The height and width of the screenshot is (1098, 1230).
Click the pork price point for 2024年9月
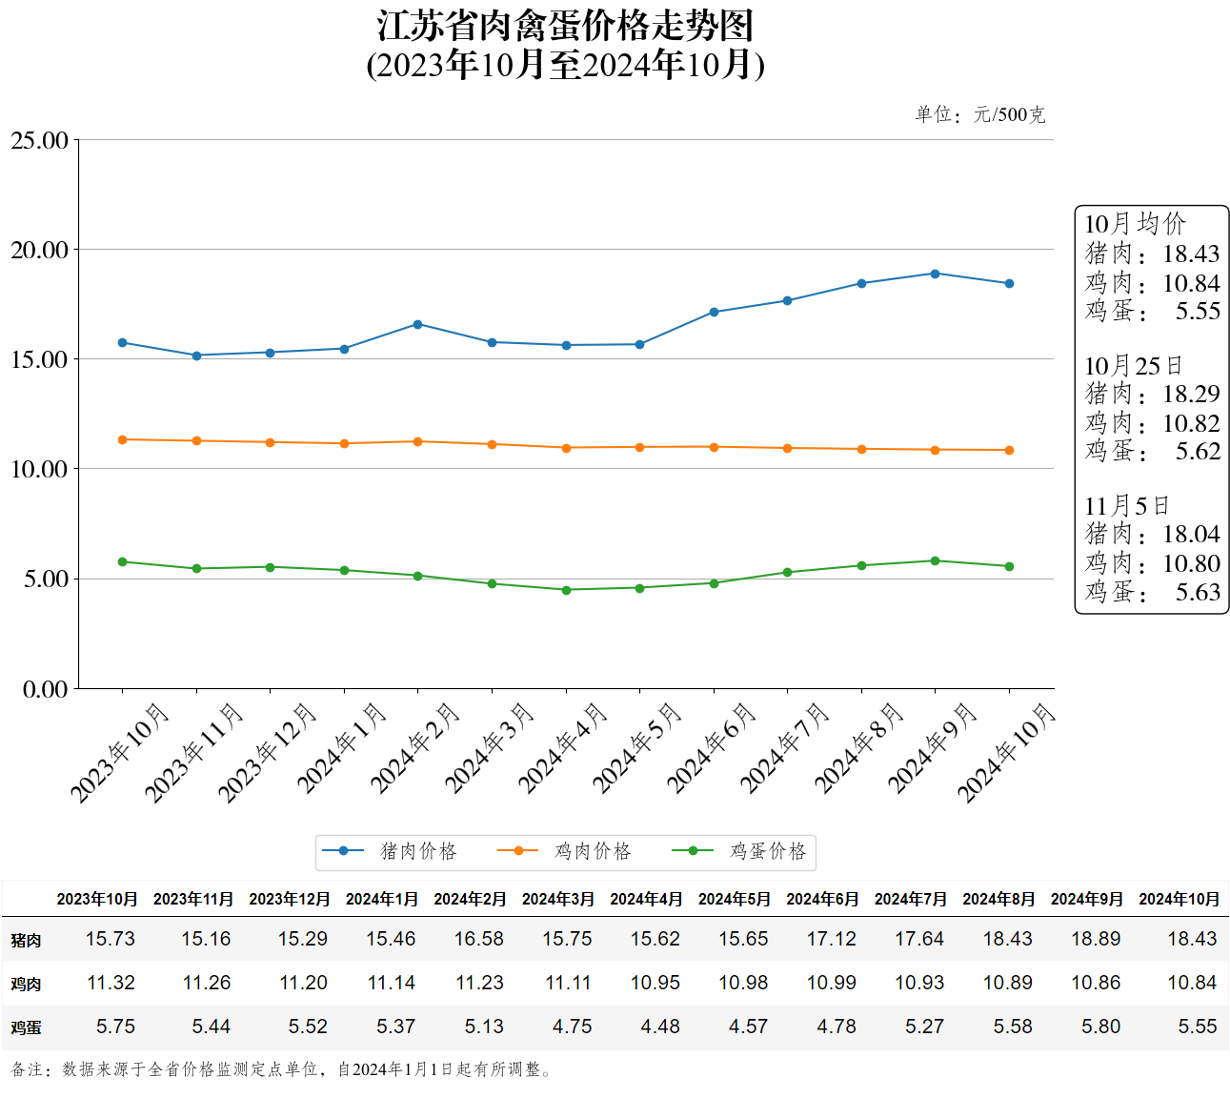coord(935,274)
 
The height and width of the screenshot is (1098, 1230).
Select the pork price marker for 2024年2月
coord(418,324)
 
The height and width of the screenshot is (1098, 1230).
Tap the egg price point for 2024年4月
coord(566,590)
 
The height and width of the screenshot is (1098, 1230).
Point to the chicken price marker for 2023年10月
coord(122,439)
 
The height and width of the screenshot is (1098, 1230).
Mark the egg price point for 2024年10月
coord(1009,566)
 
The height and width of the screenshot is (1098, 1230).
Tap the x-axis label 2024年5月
coord(636,749)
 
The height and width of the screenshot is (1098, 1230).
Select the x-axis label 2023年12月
coord(267,753)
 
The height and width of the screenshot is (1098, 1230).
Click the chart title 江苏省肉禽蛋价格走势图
coord(565,26)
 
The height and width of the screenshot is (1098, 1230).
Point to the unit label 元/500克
coord(1009,114)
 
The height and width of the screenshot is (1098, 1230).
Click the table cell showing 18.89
coord(1096,939)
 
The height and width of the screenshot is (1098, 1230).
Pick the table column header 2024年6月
coord(822,899)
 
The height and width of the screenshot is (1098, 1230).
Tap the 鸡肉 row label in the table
coord(26,984)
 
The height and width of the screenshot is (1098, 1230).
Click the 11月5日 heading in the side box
coord(1126,505)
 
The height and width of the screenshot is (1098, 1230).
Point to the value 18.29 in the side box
coord(1191,394)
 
